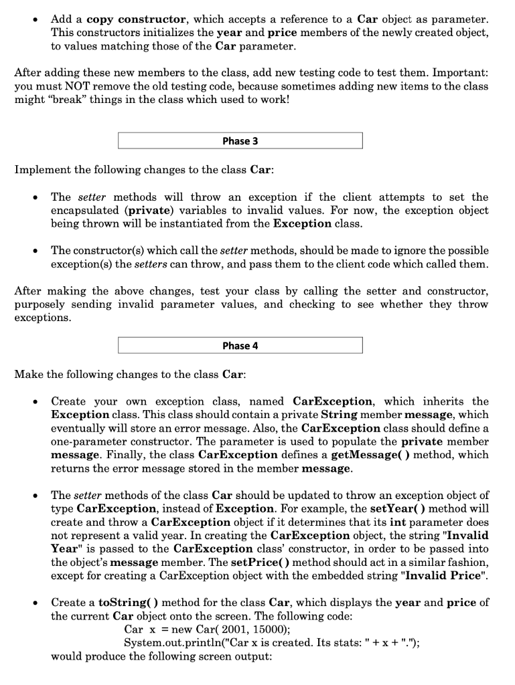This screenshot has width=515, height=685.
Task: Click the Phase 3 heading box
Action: point(240,140)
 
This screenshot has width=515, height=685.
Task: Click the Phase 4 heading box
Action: point(240,345)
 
